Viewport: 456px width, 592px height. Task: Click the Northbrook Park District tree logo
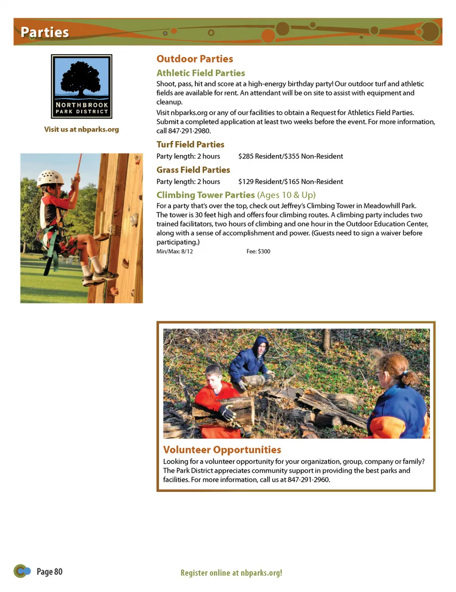click(82, 86)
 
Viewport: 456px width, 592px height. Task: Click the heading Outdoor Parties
click(195, 59)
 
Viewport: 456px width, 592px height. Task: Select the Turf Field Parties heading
click(190, 145)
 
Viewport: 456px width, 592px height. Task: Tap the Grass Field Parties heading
click(193, 170)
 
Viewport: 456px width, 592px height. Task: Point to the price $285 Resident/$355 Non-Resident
click(290, 156)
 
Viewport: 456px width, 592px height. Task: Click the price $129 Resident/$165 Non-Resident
click(290, 182)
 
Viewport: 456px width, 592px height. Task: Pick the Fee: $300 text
click(258, 252)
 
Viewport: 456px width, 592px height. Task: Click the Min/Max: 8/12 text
click(174, 252)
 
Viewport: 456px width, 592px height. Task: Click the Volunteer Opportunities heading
click(222, 450)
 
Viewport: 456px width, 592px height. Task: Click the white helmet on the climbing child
click(50, 178)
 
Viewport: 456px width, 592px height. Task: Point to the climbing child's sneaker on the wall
click(105, 274)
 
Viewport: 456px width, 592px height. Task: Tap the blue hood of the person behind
click(260, 343)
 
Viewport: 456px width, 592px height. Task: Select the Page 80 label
click(49, 572)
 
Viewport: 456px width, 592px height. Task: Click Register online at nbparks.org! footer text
click(231, 573)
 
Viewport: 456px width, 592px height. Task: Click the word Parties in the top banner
click(45, 32)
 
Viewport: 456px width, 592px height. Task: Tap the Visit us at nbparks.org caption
click(82, 129)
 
